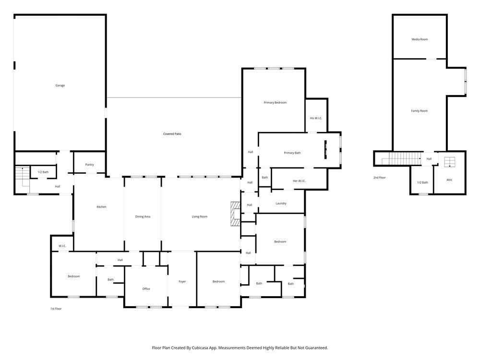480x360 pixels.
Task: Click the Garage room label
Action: pos(60,85)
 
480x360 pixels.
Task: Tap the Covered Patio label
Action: pos(172,134)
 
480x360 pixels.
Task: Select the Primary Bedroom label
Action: pos(275,103)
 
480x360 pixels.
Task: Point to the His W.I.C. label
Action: pos(315,118)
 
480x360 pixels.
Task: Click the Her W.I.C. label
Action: pos(299,181)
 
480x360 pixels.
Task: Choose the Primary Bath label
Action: pos(292,153)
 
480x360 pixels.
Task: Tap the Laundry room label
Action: pos(281,204)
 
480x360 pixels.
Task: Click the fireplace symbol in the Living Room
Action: pos(235,213)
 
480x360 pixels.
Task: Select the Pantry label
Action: pos(89,165)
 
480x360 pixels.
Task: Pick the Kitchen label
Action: pos(101,207)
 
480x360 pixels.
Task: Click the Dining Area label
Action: pos(143,217)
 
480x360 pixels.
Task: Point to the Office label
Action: pos(146,289)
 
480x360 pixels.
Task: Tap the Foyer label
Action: pos(182,282)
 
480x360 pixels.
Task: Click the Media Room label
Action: pos(420,39)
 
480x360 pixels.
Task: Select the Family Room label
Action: pos(419,111)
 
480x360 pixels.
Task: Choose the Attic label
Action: pos(449,180)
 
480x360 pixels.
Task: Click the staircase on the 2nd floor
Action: pos(402,157)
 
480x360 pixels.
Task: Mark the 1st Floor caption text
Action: pos(56,309)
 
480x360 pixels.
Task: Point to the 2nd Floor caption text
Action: pos(379,178)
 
